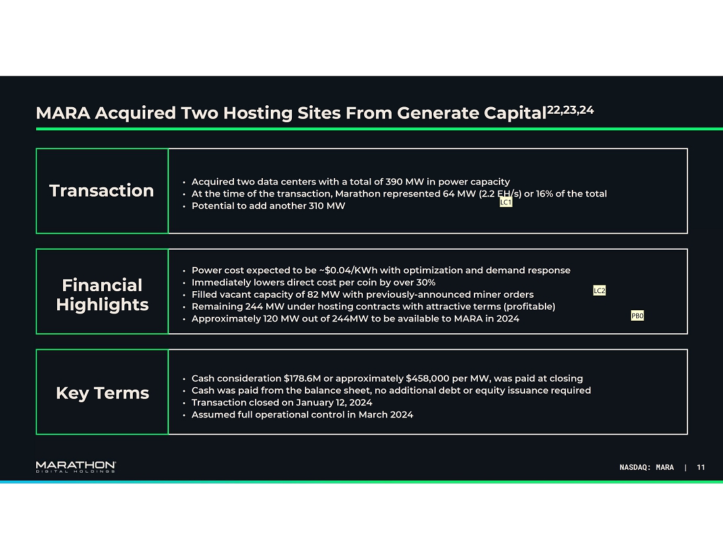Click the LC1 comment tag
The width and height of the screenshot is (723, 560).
(506, 202)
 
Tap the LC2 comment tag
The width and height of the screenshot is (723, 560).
(599, 290)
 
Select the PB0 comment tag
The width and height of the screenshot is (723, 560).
(638, 315)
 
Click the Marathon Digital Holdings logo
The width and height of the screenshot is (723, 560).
(76, 467)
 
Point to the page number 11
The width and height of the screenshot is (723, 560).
(701, 467)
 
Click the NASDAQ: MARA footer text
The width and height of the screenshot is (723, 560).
(647, 467)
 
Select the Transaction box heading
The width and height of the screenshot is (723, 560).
(101, 191)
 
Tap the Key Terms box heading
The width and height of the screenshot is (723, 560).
(103, 392)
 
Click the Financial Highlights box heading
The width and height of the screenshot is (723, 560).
(103, 294)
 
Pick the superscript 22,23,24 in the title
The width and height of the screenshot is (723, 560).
(571, 110)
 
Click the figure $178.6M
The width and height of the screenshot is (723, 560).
(302, 378)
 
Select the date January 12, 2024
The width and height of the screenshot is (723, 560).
(334, 402)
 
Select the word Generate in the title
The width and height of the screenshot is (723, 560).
(438, 113)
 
